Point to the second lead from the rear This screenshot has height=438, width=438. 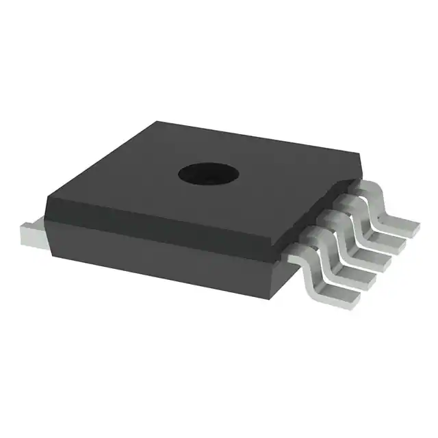click(x=373, y=224)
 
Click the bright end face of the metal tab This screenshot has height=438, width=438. click(x=31, y=236)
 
